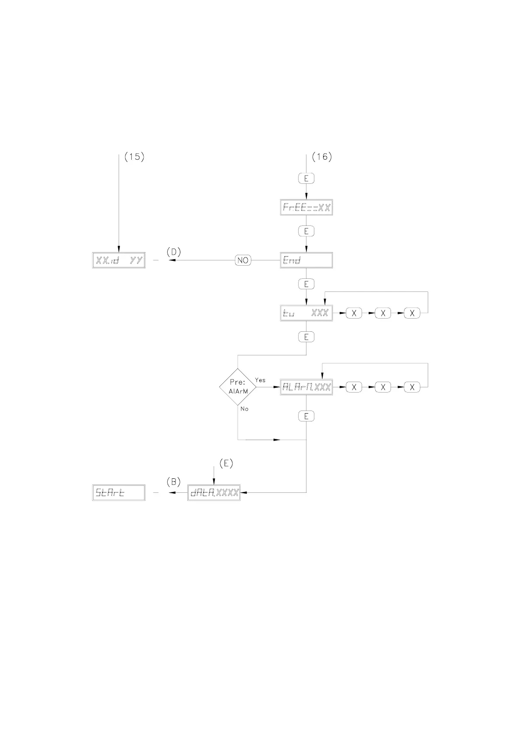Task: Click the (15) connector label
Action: pos(134,157)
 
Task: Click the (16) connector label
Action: pos(322,157)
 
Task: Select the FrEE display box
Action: pos(306,207)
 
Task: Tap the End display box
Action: pos(306,260)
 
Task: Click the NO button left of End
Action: pos(243,260)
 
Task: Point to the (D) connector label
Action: pos(173,252)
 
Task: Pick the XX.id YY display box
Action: pos(119,260)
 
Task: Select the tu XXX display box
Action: pos(306,313)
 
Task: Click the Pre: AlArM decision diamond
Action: pos(238,387)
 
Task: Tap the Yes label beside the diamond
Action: pos(260,380)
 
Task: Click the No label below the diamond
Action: pos(244,409)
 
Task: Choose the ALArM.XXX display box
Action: pos(306,387)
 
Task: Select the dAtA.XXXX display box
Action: pos(214,493)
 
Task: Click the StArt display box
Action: pos(119,493)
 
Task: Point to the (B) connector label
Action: pos(173,482)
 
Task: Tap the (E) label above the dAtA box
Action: pos(226,463)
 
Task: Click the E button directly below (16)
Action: pos(306,178)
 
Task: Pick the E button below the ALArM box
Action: pos(306,416)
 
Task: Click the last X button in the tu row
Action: pos(412,313)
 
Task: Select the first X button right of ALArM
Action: pos(354,387)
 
